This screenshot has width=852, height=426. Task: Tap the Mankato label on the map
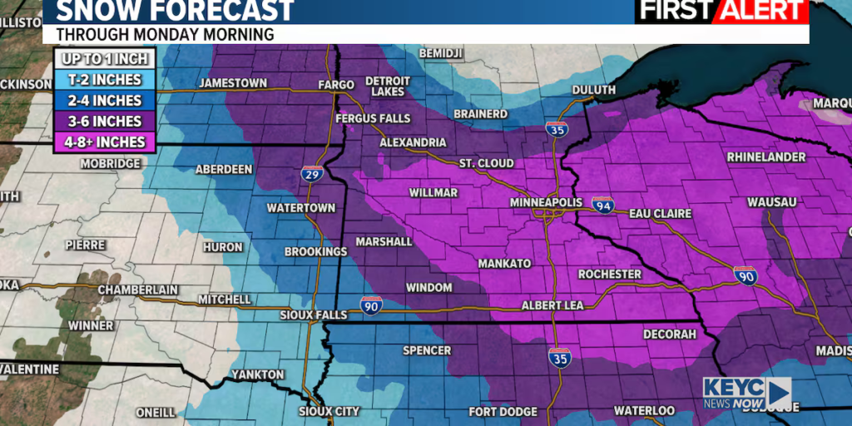click(x=504, y=264)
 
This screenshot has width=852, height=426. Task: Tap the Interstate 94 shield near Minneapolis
click(x=603, y=205)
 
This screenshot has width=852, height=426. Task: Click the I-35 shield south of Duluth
click(x=557, y=129)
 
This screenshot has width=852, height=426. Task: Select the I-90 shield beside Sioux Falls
click(x=371, y=305)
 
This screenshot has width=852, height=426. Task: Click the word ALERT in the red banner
click(x=764, y=10)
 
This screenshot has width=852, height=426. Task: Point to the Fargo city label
click(x=337, y=84)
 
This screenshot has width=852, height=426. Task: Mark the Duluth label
click(x=594, y=90)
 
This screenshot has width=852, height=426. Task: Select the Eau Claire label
click(x=660, y=214)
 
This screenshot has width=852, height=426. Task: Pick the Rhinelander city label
click(x=766, y=157)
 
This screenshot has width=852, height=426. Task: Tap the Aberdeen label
click(x=224, y=169)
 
